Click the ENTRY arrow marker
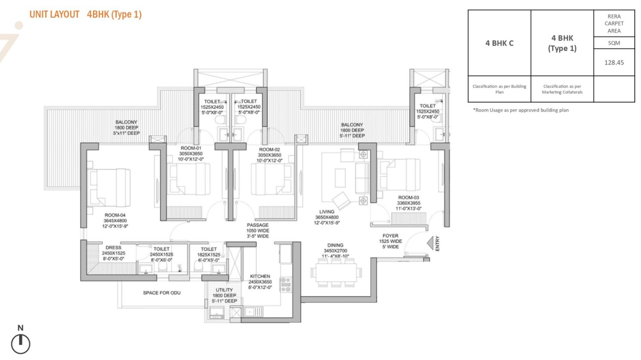430,243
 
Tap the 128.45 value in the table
614,62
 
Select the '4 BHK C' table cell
499,43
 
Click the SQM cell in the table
614,43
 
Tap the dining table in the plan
336,272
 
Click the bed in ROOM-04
109,187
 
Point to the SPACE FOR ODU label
162,293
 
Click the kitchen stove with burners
286,284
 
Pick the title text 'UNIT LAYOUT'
54,14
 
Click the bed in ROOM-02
272,179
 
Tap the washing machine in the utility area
217,312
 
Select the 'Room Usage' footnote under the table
521,110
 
